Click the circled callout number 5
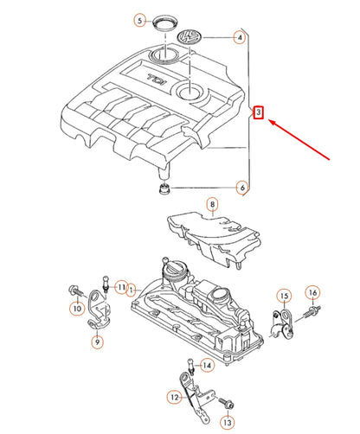140,21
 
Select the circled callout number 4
240,37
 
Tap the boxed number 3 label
259,112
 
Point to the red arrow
299,139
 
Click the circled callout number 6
242,188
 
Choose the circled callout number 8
212,204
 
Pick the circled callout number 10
77,309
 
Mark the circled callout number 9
97,342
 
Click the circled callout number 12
175,398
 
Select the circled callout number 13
228,423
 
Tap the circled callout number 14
207,366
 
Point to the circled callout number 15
284,296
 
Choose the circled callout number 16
313,293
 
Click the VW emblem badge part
190,36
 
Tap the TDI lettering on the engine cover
157,79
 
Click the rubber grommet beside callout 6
164,188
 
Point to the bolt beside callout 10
77,290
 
